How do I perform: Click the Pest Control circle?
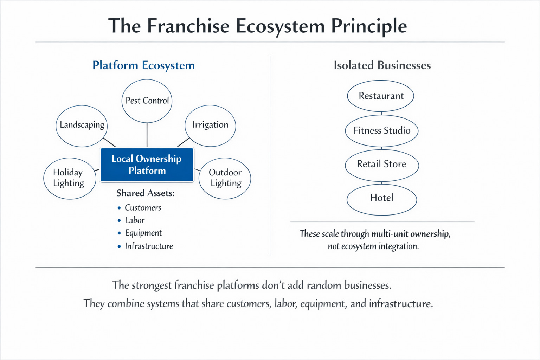(x=147, y=101)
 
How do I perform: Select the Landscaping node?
(x=82, y=126)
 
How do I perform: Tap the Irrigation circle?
(x=210, y=125)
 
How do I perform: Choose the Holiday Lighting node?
(x=69, y=178)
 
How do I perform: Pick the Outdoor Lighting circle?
(x=225, y=178)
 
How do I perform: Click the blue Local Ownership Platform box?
(x=147, y=165)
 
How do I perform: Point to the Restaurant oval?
(x=381, y=96)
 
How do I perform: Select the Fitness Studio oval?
(x=382, y=131)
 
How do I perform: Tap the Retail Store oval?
(x=382, y=165)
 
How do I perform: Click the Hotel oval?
(x=382, y=198)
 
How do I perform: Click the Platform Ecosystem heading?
(x=143, y=65)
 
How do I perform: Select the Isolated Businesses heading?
(x=382, y=65)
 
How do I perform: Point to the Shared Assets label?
(x=146, y=193)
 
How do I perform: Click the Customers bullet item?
(x=143, y=208)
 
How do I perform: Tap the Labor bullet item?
(x=135, y=220)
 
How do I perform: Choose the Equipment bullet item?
(x=143, y=233)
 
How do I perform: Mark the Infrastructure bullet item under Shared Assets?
(x=149, y=246)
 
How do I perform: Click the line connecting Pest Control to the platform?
(x=147, y=135)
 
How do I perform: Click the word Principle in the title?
(x=369, y=26)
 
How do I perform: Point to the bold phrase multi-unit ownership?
(x=411, y=234)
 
